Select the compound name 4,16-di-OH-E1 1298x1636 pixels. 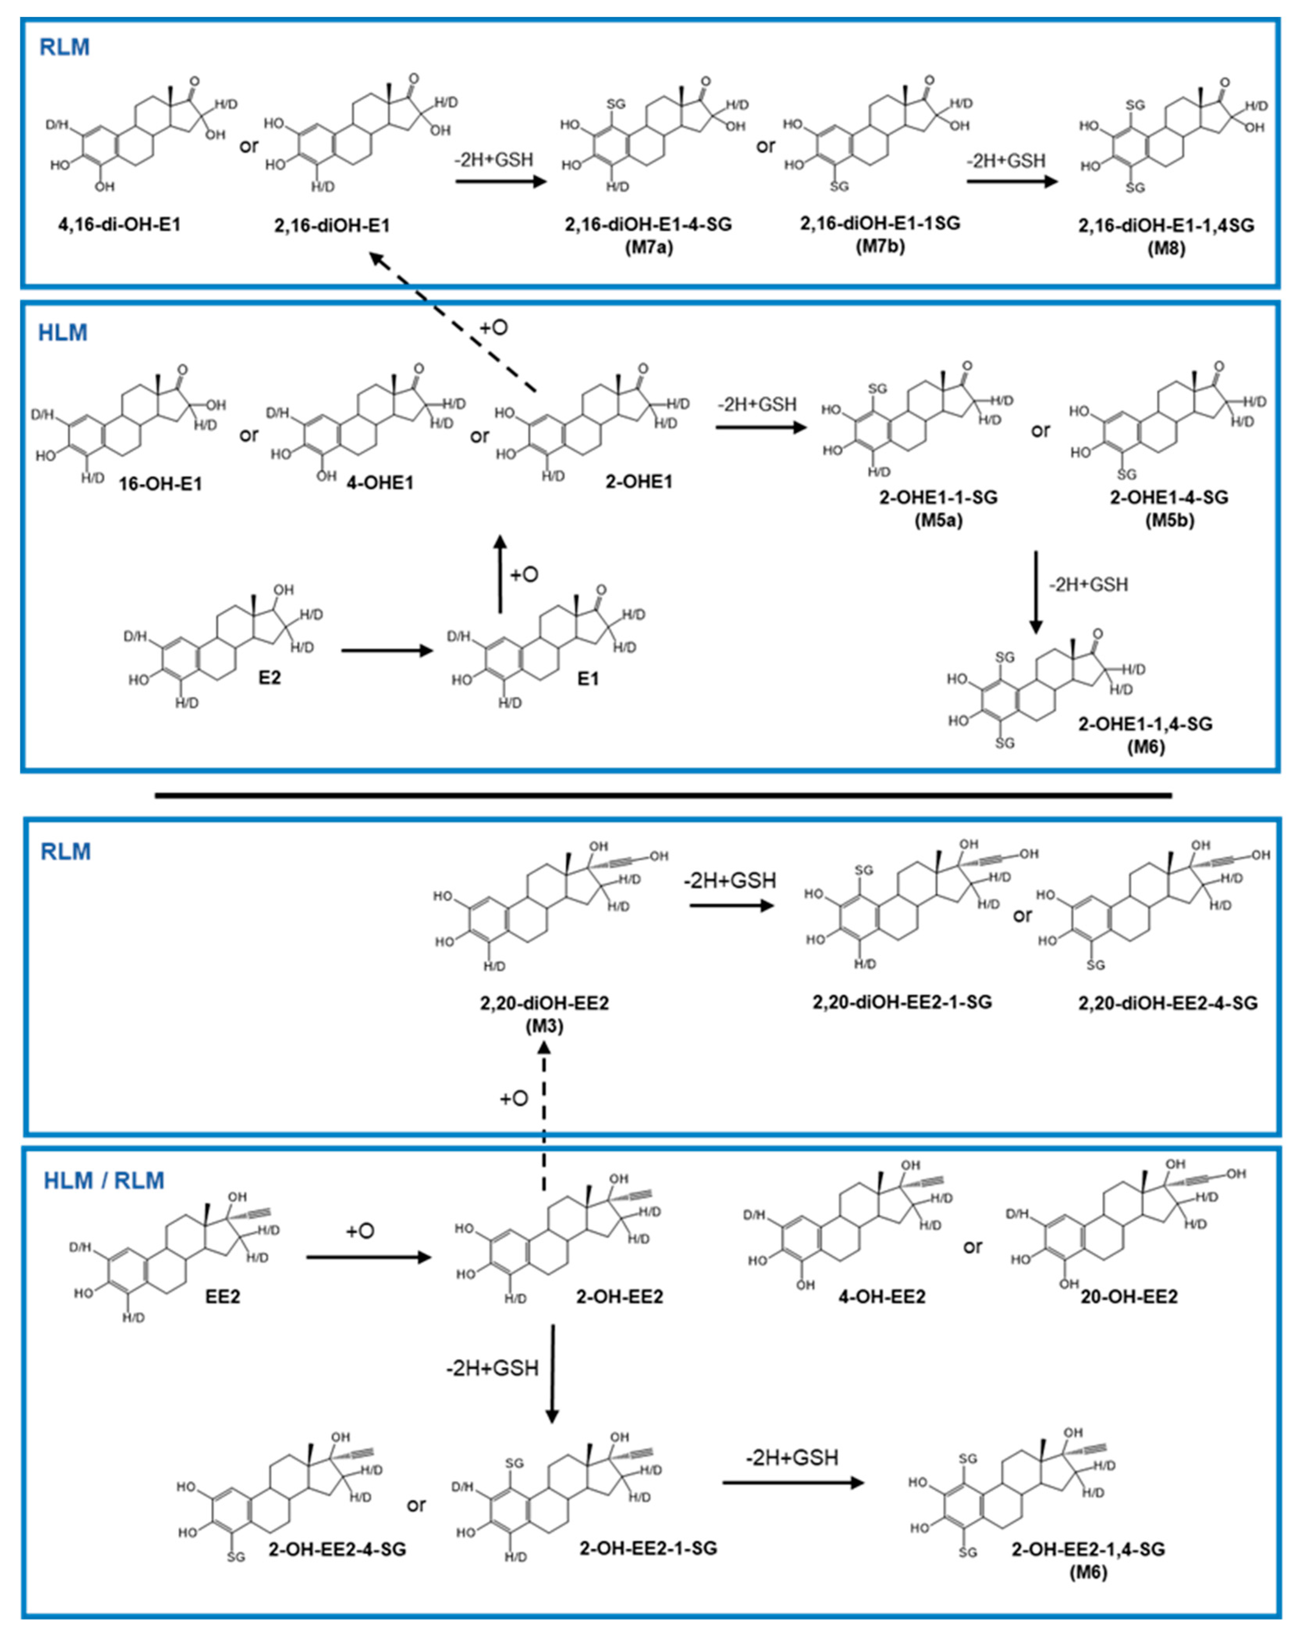pos(120,225)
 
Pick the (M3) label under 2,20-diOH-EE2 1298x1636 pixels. pos(544,1026)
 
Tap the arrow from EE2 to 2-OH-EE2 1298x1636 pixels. pos(368,1257)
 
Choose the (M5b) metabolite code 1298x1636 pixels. pos(1169,521)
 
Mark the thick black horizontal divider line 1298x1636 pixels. pos(663,795)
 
